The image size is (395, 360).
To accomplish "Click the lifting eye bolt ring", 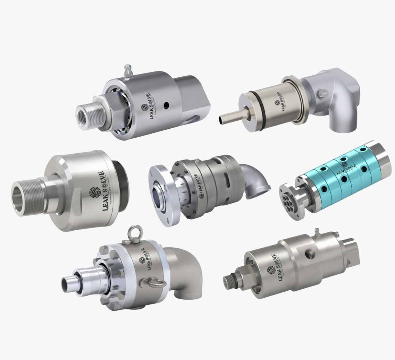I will pos(134,233).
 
